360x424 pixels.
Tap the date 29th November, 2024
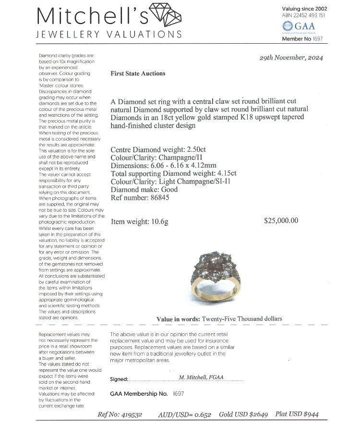click(x=291, y=58)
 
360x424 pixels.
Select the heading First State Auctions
click(x=138, y=73)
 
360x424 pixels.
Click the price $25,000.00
click(x=281, y=221)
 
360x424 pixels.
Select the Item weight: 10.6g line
click(x=140, y=222)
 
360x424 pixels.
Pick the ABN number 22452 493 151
click(x=310, y=15)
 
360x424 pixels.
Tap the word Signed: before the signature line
click(x=119, y=379)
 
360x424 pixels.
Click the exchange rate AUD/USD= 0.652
click(x=184, y=414)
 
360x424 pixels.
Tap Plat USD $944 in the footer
click(x=297, y=414)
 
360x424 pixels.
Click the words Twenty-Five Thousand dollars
click(x=242, y=318)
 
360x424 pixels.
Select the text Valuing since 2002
click(x=305, y=8)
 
